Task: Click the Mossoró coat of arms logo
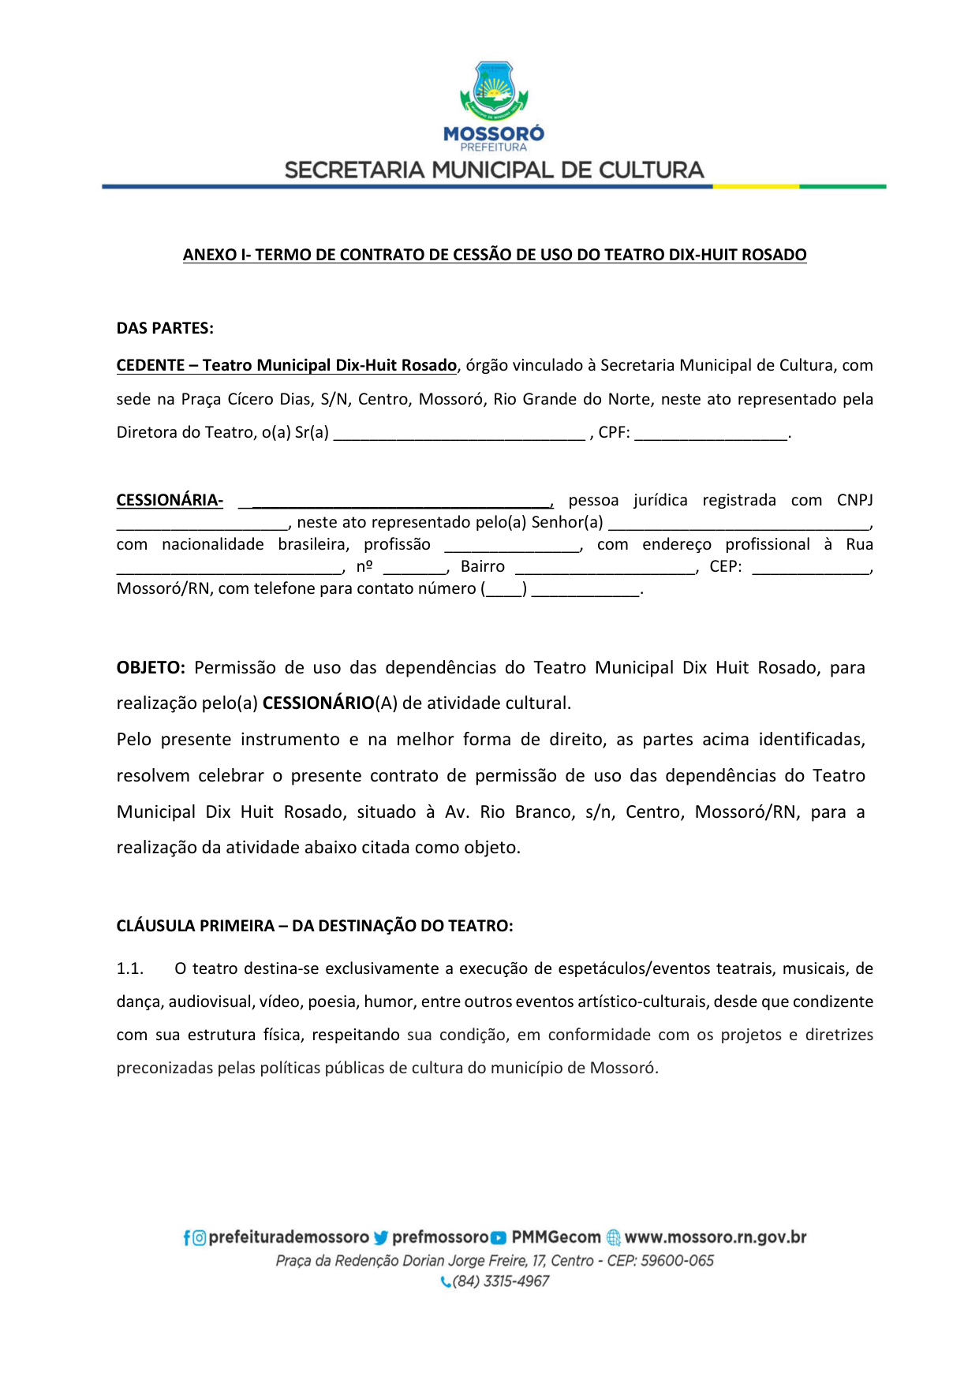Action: tap(494, 89)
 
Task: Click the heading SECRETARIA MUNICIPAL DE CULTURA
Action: tap(494, 170)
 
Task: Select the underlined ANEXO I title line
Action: tap(495, 255)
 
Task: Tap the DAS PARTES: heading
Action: tap(165, 328)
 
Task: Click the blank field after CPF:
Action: tap(711, 433)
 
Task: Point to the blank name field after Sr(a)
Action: tap(459, 433)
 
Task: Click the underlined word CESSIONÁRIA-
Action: tap(170, 500)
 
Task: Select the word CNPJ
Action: tap(854, 500)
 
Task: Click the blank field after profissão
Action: tap(512, 545)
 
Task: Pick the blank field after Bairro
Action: tap(605, 567)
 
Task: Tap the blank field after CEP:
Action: tap(811, 567)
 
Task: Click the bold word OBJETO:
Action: tap(151, 668)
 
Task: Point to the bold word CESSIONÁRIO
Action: tap(318, 703)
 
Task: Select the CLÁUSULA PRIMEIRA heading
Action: tap(315, 926)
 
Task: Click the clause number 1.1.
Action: tap(130, 968)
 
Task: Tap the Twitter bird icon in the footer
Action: tap(381, 1238)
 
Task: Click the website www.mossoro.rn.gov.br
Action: tap(716, 1237)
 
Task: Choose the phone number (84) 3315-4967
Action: tap(500, 1281)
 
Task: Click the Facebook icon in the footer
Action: tap(187, 1238)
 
